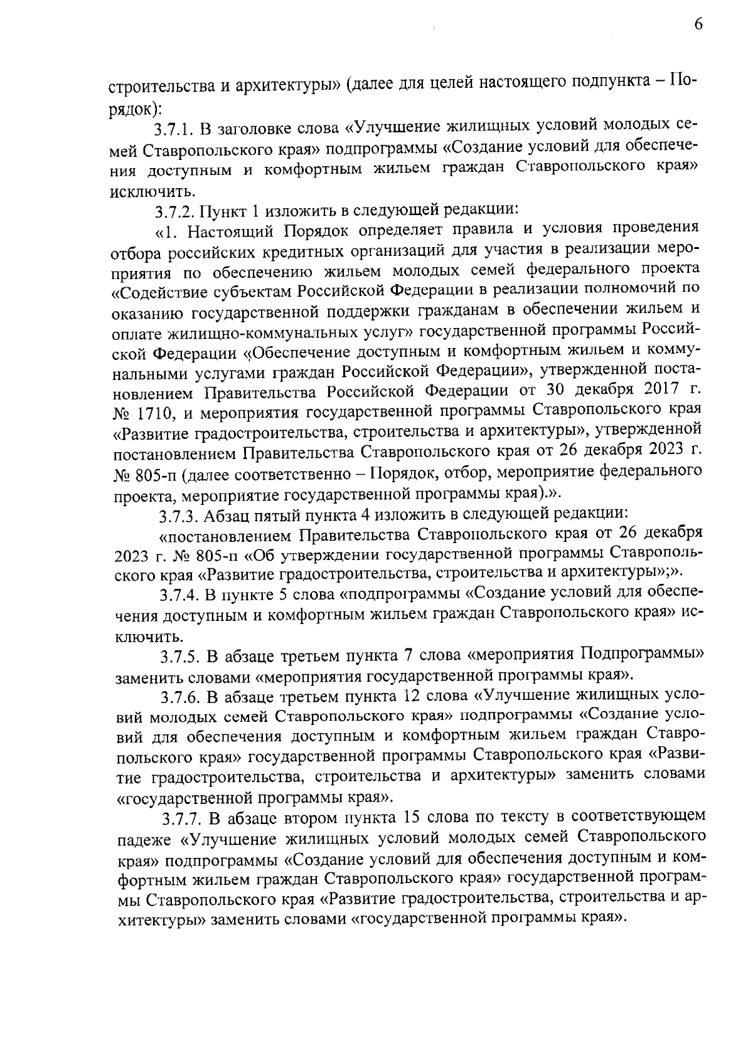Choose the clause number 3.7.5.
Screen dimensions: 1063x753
click(181, 657)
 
